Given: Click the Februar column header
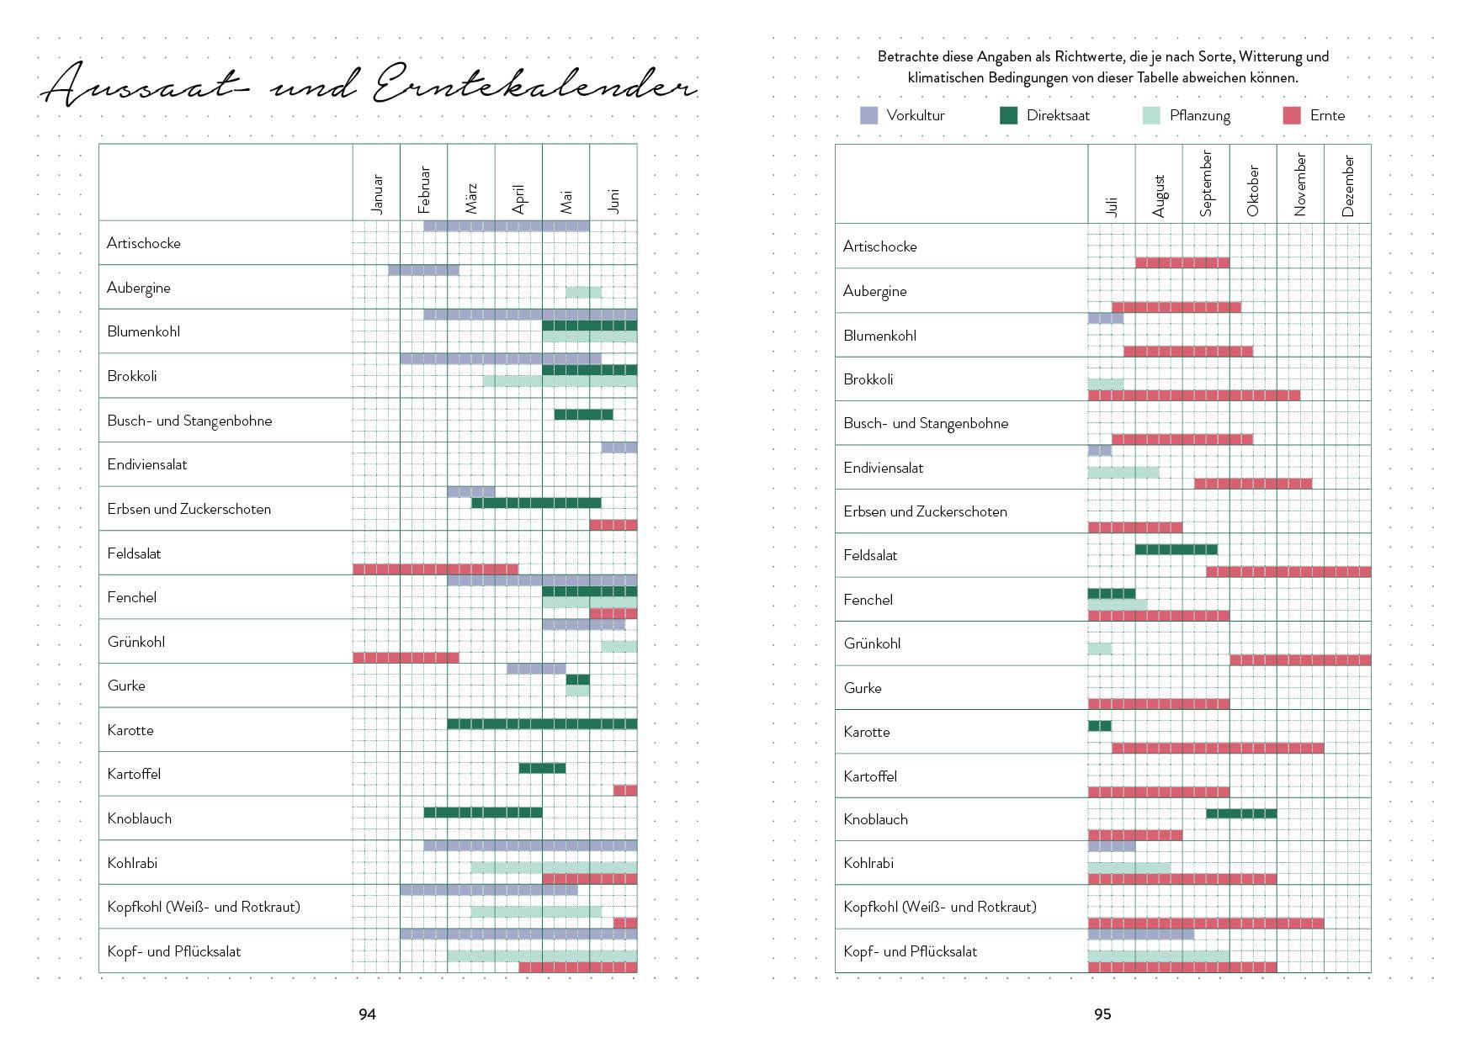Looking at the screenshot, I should [423, 189].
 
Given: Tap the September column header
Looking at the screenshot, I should [1206, 183].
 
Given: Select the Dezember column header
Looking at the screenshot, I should [1347, 186].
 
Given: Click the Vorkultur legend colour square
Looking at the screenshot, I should [868, 116].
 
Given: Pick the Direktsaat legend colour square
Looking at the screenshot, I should [1008, 116].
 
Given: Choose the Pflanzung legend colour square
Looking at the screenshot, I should [1151, 116].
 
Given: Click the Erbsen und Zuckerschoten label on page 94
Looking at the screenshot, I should [189, 509].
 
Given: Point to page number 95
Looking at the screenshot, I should [1102, 1014].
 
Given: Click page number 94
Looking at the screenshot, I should [367, 1014].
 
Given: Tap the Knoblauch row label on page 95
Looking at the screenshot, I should [875, 819].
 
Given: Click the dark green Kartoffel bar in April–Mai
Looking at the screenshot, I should [542, 768].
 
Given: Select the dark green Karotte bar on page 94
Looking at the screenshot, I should [542, 724].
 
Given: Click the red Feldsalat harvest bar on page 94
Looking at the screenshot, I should [435, 569].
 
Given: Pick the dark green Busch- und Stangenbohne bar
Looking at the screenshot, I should [583, 415].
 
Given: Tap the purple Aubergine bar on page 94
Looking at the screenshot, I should [423, 271].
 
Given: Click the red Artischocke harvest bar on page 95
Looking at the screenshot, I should [1182, 263].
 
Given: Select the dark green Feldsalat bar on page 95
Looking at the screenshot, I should [1176, 550].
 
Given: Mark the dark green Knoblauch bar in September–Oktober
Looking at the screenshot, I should [1240, 813].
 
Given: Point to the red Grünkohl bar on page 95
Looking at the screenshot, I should [1300, 660].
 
